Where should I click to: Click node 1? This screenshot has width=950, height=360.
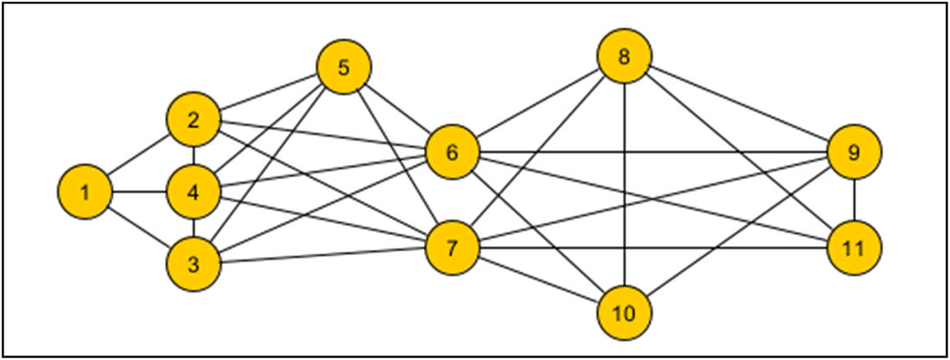[85, 192]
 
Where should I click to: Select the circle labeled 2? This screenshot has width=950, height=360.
[193, 120]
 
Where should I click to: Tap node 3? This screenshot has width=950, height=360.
[193, 264]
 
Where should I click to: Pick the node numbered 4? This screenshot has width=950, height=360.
[193, 192]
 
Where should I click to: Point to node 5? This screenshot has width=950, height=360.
[344, 67]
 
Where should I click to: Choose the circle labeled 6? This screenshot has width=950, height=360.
[452, 153]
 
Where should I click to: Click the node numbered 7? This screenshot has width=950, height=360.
[452, 249]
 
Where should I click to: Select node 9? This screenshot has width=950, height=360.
[854, 153]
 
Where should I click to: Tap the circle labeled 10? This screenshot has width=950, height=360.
[624, 312]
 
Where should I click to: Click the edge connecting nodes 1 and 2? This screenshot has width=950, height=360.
[139, 156]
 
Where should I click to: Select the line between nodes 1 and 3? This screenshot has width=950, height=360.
[139, 228]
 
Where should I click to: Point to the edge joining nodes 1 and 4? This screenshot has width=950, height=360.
[139, 192]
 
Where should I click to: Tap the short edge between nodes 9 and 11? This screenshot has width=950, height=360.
[854, 200]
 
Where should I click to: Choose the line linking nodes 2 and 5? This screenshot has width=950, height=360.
[269, 93]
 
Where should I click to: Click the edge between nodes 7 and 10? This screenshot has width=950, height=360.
[538, 281]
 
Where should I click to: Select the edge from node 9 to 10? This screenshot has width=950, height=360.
[739, 232]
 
